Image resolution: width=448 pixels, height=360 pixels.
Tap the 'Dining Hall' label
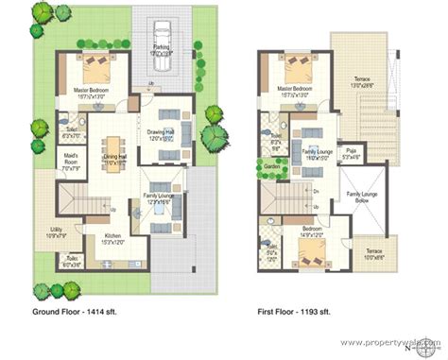tap(115, 160)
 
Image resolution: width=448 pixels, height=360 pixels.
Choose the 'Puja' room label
tap(349, 152)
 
